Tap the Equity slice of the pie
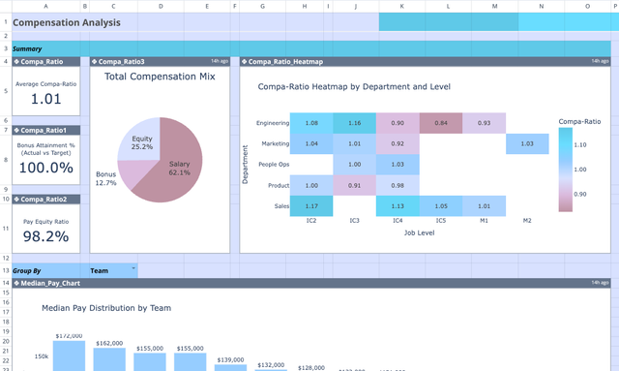pos(142,143)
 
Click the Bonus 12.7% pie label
pos(106,178)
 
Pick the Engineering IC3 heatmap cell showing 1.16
pos(354,123)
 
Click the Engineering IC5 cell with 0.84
pos(441,123)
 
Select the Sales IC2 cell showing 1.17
pos(310,205)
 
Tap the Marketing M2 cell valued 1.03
pos(527,143)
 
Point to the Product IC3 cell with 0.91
pos(354,185)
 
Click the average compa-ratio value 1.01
pos(45,98)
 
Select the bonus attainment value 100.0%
pos(45,168)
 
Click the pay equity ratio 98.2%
pos(45,235)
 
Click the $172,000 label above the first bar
pos(70,336)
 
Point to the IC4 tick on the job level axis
pos(398,221)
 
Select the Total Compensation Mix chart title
pos(160,77)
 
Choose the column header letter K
pos(402,6)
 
